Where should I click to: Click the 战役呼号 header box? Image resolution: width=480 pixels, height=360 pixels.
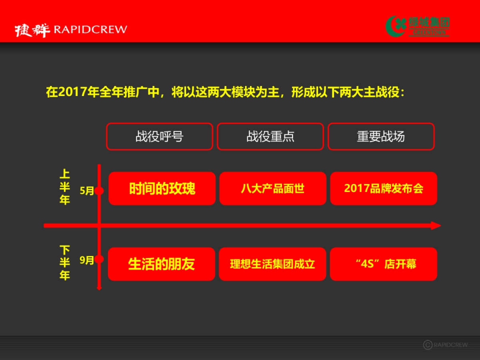159,136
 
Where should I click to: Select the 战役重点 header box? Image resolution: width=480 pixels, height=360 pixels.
270,136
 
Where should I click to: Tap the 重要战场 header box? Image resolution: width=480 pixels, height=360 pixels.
381,136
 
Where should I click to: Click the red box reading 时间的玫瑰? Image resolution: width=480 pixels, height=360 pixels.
162,188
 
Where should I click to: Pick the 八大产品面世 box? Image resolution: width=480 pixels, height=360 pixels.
272,188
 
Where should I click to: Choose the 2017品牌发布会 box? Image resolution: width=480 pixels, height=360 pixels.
383,188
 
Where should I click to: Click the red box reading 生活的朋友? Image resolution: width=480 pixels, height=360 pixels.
161,264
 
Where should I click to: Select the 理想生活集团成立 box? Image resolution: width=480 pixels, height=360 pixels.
272,264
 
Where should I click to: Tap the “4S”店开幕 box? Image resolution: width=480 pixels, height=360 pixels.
383,264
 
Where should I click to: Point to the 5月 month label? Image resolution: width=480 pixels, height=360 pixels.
86,191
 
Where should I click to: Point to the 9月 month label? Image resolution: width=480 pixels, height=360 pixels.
86,260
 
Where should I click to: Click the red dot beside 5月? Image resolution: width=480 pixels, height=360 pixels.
99,191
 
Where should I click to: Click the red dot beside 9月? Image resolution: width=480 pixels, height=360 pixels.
99,260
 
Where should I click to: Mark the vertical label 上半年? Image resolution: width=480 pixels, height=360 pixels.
64,187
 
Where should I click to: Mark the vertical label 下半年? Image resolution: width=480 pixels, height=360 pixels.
64,263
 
